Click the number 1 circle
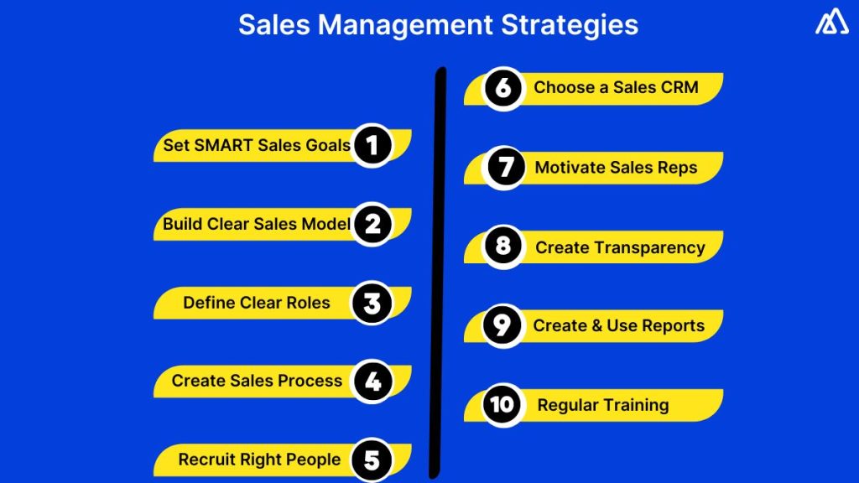coord(372,145)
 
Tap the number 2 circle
coord(372,224)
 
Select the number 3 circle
coord(372,303)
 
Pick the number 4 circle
coord(372,382)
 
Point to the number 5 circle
coord(372,460)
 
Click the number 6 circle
coord(503,88)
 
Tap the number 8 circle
coord(503,247)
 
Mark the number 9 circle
coord(502,325)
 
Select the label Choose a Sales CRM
coord(616,87)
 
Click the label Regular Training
coord(603,405)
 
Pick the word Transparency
coord(649,247)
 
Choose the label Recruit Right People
coord(259,460)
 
